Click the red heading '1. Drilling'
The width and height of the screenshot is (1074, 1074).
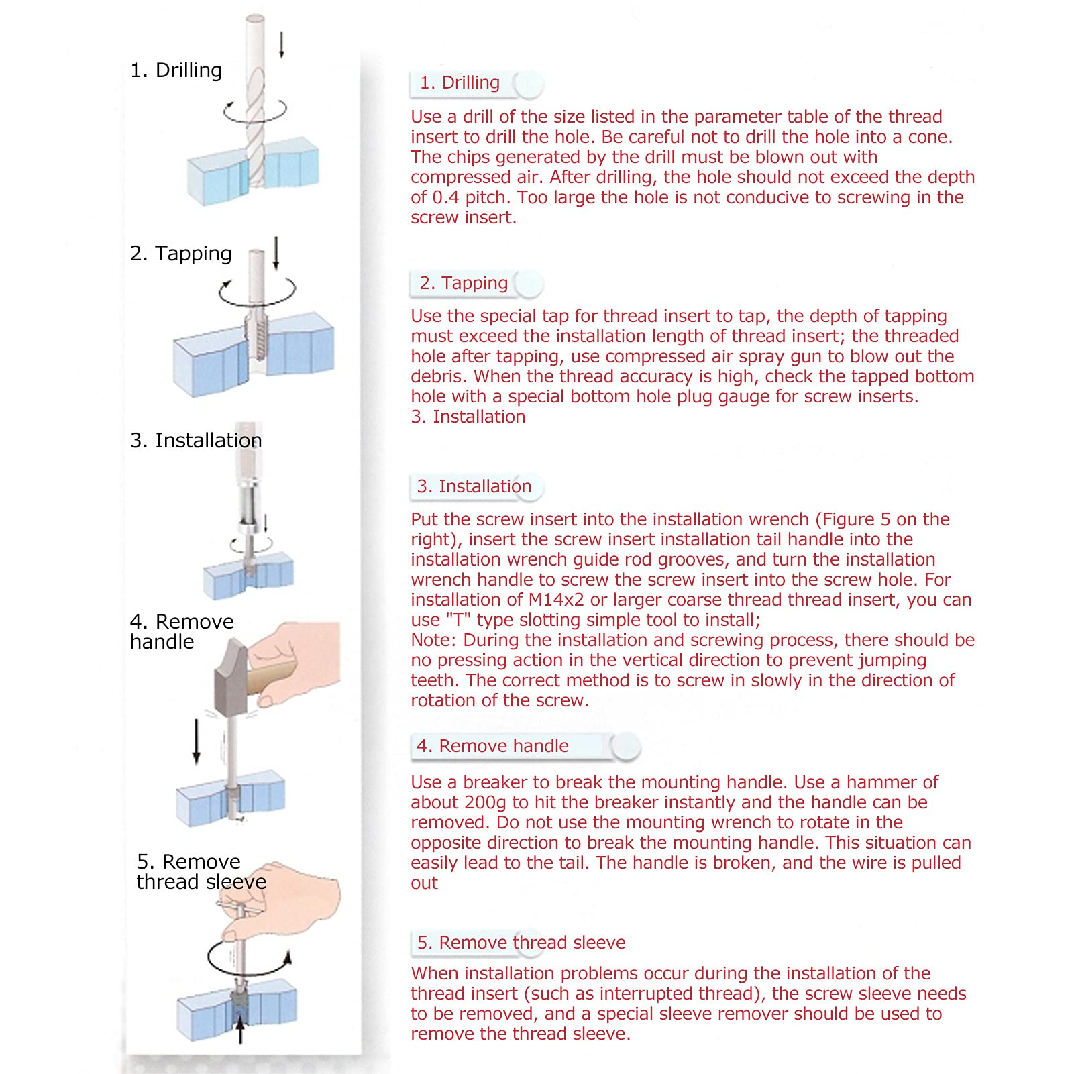click(460, 83)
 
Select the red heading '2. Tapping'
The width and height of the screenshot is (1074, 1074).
click(464, 283)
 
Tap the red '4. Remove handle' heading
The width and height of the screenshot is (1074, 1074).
click(492, 746)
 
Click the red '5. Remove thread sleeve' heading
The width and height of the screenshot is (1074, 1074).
click(521, 943)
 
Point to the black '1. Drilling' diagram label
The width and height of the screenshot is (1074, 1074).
click(176, 70)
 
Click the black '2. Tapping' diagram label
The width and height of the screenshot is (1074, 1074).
click(180, 254)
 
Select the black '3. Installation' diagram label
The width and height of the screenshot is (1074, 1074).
click(196, 441)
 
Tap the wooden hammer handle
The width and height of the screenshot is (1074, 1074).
click(272, 677)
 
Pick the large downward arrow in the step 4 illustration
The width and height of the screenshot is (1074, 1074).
click(196, 741)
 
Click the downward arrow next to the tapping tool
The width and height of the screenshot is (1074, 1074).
click(276, 253)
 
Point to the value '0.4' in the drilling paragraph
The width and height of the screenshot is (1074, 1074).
click(445, 197)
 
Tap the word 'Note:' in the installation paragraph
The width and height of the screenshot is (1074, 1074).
click(434, 640)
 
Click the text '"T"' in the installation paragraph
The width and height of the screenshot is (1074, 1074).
click(459, 620)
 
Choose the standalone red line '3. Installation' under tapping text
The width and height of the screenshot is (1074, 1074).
click(468, 417)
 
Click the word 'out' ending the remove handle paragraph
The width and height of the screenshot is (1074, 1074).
click(424, 883)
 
